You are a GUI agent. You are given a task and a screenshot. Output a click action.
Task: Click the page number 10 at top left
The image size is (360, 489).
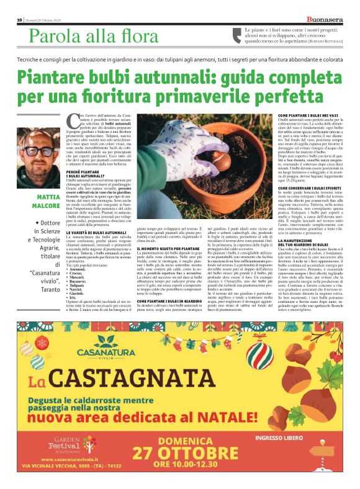(19, 20)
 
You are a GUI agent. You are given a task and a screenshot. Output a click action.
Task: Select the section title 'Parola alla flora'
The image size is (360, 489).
(85, 37)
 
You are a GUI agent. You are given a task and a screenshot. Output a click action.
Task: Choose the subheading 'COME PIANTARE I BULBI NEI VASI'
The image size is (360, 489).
(281, 115)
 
